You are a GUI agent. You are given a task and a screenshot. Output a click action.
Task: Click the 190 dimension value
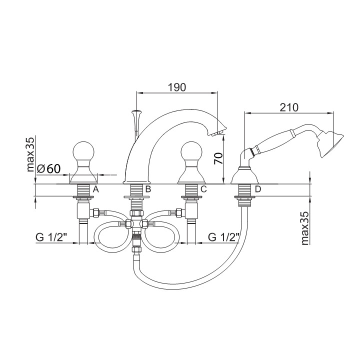click(x=177, y=86)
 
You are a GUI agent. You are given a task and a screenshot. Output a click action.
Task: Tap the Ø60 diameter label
click(x=49, y=169)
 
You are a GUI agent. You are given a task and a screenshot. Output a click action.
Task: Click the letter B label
click(x=148, y=189)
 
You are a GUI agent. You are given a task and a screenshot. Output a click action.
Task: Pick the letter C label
click(x=203, y=189)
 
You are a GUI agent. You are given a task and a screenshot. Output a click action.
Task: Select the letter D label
click(x=257, y=189)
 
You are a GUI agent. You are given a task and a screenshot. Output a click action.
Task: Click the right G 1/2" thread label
click(x=223, y=237)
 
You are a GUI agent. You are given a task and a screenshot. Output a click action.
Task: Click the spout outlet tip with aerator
click(x=218, y=131)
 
